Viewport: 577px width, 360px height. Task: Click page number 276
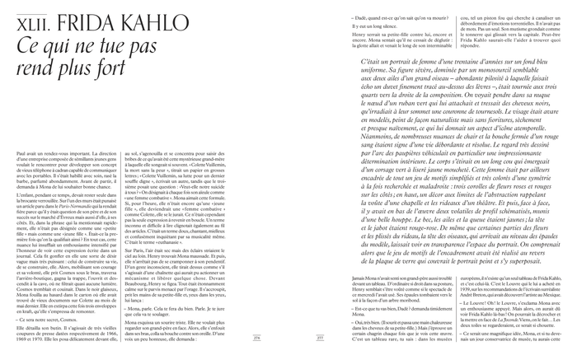pos(279,336)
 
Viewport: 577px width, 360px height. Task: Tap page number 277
pos(298,336)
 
